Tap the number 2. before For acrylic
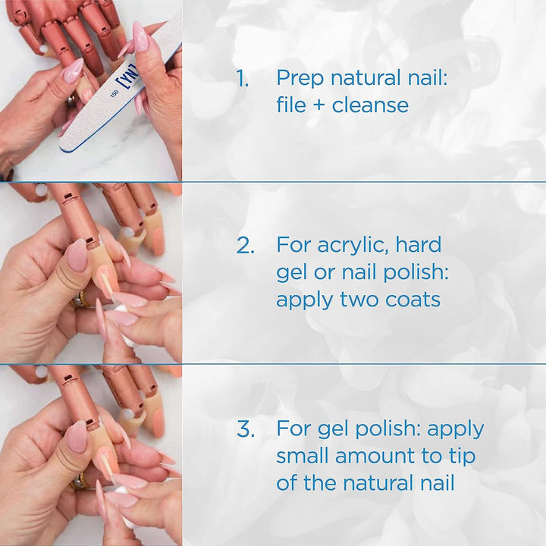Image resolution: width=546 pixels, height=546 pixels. [245, 245]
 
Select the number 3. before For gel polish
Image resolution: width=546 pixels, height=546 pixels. [245, 429]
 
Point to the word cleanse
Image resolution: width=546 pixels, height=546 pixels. [370, 105]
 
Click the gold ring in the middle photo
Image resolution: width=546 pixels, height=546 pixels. [79, 301]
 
